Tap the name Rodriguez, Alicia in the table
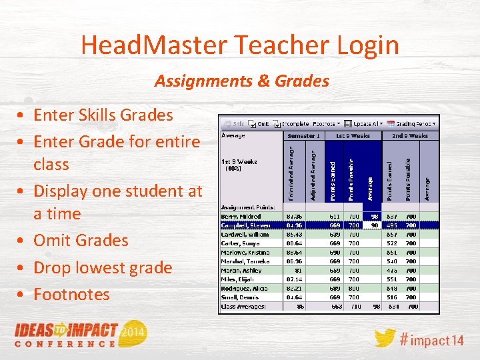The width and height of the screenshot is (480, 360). click(244, 289)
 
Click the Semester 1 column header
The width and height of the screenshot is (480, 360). click(303, 136)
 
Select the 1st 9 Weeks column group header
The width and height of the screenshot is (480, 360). click(353, 136)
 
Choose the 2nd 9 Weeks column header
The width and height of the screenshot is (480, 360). click(410, 136)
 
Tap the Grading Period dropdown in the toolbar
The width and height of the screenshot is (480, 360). click(417, 123)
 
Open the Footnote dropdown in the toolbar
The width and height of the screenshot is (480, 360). click(323, 123)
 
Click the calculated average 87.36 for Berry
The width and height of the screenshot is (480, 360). click(294, 217)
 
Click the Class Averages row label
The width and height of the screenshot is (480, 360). click(244, 307)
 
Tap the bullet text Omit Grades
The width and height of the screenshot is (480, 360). click(81, 240)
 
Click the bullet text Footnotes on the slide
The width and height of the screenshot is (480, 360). click(71, 294)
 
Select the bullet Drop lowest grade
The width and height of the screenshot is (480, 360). click(103, 267)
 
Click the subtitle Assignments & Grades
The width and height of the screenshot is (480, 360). click(242, 81)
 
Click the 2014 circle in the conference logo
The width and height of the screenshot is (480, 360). click(134, 331)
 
